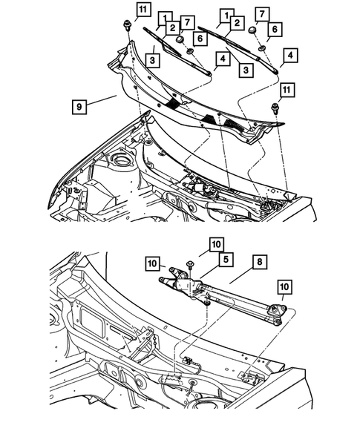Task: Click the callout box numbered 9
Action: tap(79, 106)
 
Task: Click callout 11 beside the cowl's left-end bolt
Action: tap(143, 10)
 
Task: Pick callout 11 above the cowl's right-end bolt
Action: tap(286, 89)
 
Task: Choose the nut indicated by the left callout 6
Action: tap(191, 50)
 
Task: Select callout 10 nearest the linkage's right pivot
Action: tap(284, 285)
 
